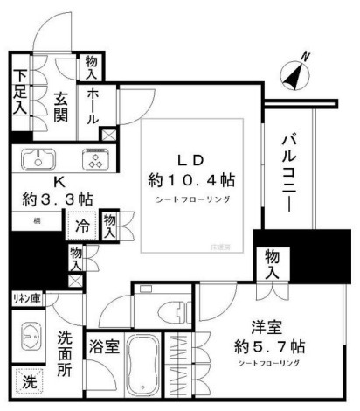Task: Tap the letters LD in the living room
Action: pos(191,161)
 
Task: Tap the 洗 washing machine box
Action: pos(29,382)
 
